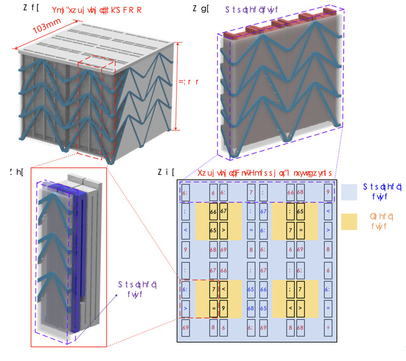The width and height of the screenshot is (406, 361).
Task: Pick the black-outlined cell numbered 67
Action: pos(223,211)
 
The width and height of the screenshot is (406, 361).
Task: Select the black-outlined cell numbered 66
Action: pos(213,211)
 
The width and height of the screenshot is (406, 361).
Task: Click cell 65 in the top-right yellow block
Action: pos(300,211)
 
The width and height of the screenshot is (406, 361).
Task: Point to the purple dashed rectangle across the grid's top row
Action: pos(257,191)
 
